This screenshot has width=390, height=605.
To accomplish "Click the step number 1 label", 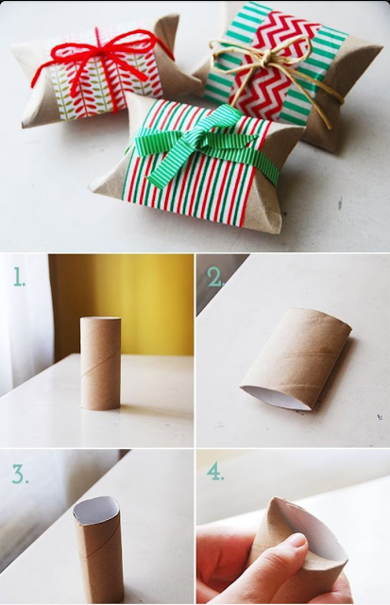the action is point(19,277).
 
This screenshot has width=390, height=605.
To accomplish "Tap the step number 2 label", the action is point(216,277).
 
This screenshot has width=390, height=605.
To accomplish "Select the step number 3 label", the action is point(20,474).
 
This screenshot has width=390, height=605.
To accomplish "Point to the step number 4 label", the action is point(215,471).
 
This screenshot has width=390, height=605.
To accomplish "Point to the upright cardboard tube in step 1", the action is point(101,363).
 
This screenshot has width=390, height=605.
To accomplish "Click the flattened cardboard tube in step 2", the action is point(296,359).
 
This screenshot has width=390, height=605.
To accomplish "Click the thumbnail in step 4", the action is point(297,544).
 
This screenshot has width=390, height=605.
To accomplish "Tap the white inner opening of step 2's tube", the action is point(276,397).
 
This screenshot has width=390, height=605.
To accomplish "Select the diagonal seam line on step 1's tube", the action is point(101,366).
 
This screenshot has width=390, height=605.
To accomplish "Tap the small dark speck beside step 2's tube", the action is point(380,417).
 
